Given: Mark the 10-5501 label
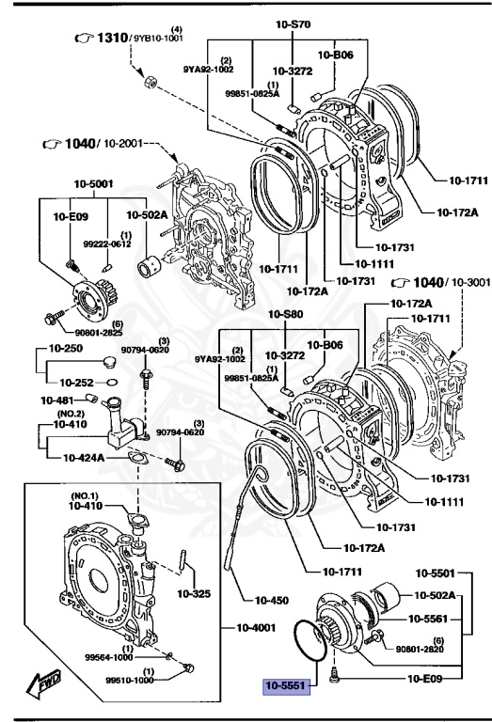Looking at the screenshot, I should click(x=435, y=572).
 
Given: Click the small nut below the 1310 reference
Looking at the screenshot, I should click(x=149, y=84).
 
